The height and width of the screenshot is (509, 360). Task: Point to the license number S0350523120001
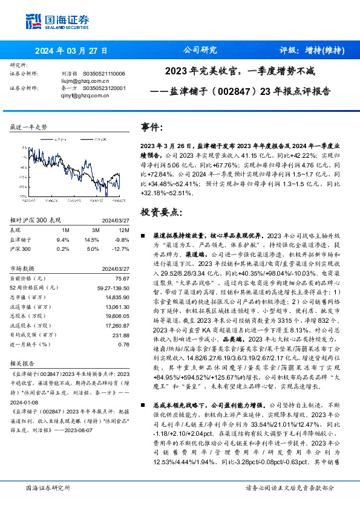tap(103, 87)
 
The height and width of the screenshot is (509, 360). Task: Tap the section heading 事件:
tap(151, 128)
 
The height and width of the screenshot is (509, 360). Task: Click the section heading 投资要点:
tap(160, 213)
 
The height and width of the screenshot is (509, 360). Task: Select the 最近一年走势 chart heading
tap(30, 128)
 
